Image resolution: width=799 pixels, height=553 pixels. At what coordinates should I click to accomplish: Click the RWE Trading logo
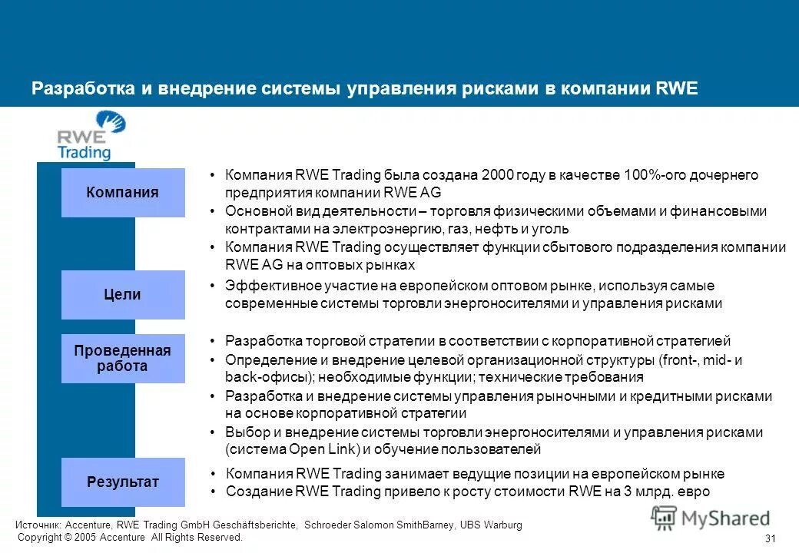tap(91, 136)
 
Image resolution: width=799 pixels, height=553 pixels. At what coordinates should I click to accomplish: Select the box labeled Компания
tap(123, 193)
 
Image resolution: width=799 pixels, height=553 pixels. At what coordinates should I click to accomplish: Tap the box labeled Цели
tap(123, 295)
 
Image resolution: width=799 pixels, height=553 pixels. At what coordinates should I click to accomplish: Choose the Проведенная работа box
tap(123, 359)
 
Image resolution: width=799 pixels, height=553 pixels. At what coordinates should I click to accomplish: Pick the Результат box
tap(123, 482)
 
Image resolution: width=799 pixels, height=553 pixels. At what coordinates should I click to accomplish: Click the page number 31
tap(772, 538)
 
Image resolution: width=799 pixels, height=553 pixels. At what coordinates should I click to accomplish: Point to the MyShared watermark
tap(711, 518)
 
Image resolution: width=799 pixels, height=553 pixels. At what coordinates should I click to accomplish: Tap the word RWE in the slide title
tap(677, 88)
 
